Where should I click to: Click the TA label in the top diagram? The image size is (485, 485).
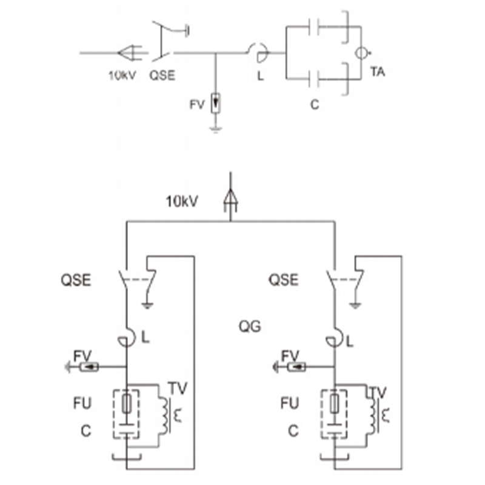coord(378,72)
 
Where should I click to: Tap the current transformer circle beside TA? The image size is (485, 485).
coord(361,53)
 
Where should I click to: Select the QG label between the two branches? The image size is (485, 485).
coord(250,326)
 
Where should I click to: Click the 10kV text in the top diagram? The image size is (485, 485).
coord(122,75)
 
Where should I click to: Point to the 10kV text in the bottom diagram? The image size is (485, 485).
coord(182,202)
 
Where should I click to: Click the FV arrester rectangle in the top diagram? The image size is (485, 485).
coord(216,102)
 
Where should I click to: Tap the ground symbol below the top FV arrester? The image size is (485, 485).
coord(216,129)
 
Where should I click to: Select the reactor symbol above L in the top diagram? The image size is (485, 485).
coord(259,53)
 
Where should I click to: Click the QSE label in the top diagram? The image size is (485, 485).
coord(162,75)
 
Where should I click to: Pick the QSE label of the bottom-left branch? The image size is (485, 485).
coord(76,280)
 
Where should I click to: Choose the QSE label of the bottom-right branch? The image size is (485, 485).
coord(284,280)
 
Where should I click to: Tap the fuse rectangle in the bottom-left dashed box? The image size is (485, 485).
coord(126,404)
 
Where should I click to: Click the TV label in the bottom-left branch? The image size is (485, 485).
coord(178,389)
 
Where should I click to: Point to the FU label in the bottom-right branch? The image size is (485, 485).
coord(290,403)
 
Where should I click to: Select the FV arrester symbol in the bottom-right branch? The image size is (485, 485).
coord(296,367)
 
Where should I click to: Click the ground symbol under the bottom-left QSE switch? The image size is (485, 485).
coord(147,306)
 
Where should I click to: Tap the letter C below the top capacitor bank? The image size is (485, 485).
coord(315,105)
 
